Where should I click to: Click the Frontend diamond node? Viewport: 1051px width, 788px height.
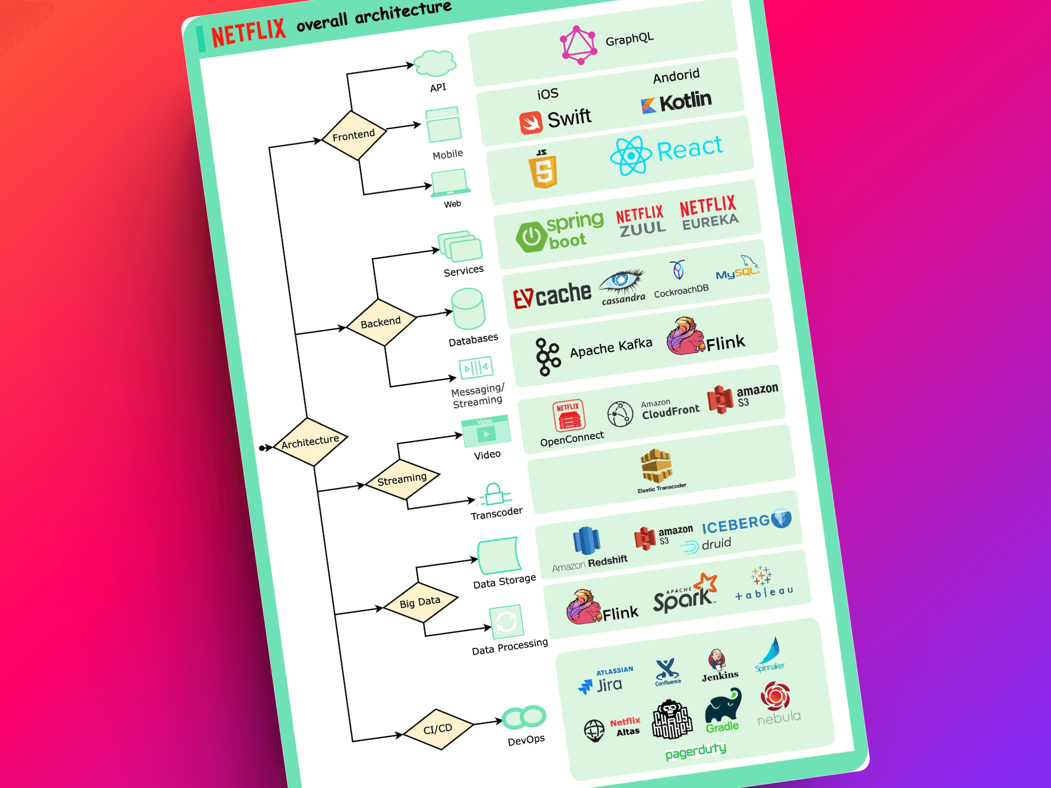coord(354,135)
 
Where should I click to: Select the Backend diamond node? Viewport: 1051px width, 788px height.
coord(381,322)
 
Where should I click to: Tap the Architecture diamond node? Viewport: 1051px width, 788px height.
coord(310,442)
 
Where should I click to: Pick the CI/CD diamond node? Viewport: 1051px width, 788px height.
coord(438,729)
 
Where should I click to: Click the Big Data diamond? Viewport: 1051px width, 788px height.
coord(420,602)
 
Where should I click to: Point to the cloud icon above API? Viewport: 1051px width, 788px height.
coord(435,63)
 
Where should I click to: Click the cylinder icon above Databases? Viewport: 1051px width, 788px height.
coord(468,309)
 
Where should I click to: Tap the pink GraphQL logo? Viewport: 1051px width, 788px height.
coord(579,45)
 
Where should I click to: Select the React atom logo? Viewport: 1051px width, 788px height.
coord(631,156)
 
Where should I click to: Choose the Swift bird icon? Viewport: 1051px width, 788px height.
coord(530,123)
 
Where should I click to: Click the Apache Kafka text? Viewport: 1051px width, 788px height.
coord(611,347)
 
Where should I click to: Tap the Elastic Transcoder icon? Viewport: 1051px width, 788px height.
coord(656,466)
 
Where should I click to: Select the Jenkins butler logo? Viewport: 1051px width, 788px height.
coord(717,660)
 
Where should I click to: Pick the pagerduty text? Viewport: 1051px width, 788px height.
coord(696,751)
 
